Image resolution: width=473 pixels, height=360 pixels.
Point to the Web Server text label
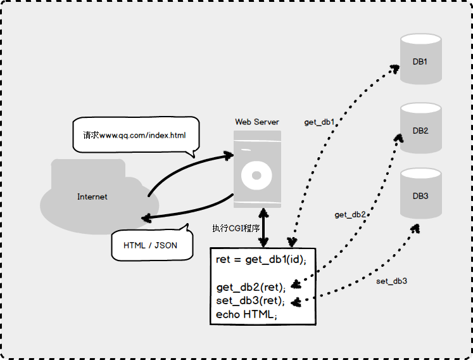[x=257, y=122]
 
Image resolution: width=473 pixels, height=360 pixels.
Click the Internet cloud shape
[x=92, y=196]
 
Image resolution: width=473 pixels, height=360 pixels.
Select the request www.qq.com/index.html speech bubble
[x=134, y=135]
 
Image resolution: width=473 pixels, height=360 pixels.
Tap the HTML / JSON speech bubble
[x=151, y=245]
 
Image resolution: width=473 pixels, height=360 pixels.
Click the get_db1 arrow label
[x=319, y=122]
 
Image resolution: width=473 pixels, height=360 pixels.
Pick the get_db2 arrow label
[x=350, y=215]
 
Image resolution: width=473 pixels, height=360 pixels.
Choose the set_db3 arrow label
[x=391, y=281]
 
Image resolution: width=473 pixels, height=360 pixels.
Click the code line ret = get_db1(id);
[x=261, y=260]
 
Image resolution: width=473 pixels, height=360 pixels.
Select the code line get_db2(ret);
[x=251, y=287]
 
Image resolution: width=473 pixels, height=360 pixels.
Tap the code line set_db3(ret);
[x=250, y=300]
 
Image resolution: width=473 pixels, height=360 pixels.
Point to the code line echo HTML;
[x=246, y=314]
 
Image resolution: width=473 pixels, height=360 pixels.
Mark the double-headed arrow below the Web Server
[x=263, y=228]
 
